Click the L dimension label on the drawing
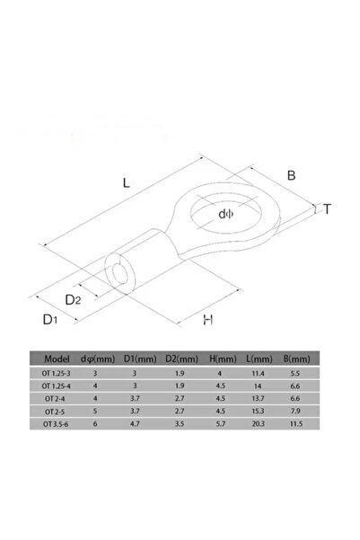pos(127,182)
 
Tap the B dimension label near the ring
pos(291,175)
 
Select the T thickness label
pos(327,209)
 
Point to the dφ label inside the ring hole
pos(226,214)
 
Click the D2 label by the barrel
pos(73,300)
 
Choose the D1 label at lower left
pos(50,320)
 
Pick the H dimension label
pos(208,320)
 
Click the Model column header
pos(57,359)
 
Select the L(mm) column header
pos(259,359)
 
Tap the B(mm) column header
pos(296,359)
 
